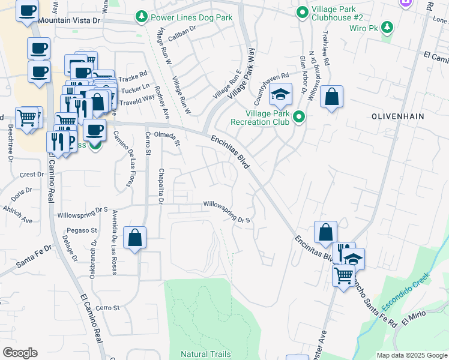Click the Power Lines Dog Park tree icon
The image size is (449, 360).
click(x=142, y=17)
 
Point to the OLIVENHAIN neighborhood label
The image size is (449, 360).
click(x=398, y=116)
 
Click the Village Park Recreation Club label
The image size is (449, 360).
click(x=259, y=117)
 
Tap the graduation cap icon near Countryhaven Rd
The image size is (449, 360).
click(x=280, y=95)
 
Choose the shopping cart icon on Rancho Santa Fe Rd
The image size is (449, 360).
click(x=343, y=276)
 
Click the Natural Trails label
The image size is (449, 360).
click(x=206, y=354)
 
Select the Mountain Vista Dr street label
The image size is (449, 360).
click(x=71, y=20)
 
